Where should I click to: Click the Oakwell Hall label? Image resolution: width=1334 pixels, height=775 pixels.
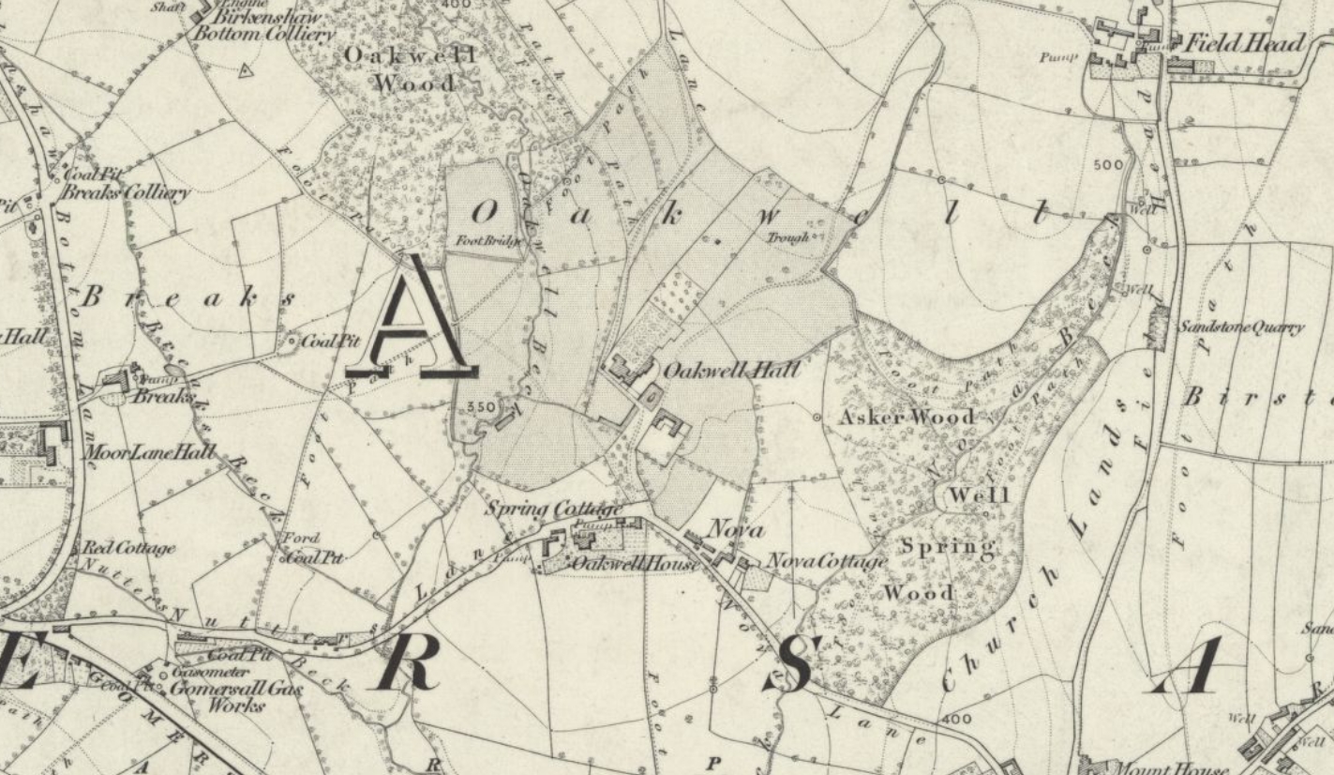[731, 371]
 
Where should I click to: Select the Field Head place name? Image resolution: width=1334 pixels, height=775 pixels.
[1245, 43]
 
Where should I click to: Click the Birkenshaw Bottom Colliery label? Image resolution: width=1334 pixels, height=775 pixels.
[264, 25]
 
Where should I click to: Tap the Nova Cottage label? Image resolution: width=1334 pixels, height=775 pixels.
[827, 561]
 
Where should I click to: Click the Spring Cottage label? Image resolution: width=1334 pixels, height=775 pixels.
[553, 509]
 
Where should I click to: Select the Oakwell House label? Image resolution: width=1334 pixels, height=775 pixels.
[635, 563]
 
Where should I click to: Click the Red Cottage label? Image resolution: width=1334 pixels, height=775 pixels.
[128, 547]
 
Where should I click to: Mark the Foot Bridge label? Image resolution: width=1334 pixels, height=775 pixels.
[487, 240]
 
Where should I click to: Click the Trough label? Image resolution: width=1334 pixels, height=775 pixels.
[787, 237]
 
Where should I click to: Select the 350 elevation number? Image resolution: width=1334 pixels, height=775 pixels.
[479, 407]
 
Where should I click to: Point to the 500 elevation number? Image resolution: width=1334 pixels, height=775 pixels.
[1108, 165]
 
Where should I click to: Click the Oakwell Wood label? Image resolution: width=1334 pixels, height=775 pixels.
[412, 68]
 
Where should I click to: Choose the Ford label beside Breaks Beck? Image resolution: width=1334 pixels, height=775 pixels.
[301, 539]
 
